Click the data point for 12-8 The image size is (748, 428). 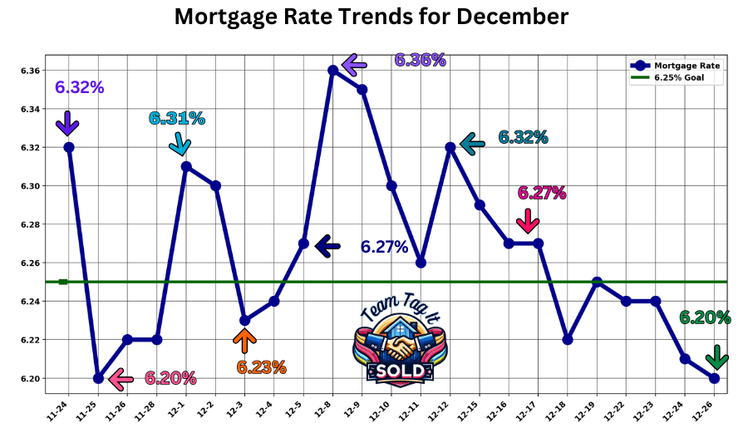click(x=333, y=71)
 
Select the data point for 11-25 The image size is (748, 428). click(x=98, y=378)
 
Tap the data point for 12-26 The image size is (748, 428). click(x=715, y=378)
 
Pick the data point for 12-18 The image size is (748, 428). click(x=568, y=340)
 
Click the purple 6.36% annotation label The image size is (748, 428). click(x=420, y=60)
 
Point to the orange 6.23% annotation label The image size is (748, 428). click(x=261, y=367)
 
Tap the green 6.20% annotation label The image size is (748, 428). click(x=705, y=317)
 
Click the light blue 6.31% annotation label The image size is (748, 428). click(x=176, y=118)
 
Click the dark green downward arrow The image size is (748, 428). click(x=716, y=357)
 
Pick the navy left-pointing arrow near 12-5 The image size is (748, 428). click(x=327, y=245)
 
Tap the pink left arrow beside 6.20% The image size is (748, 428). click(x=121, y=380)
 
